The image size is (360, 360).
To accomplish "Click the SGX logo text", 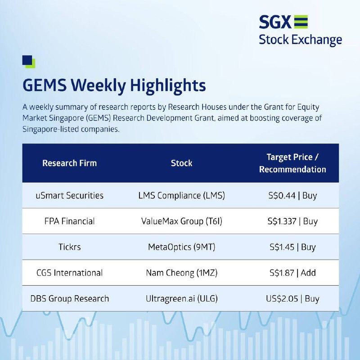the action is [x=275, y=22].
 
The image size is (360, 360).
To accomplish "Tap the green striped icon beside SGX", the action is [x=301, y=22].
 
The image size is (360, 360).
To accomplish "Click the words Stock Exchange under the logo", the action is [x=300, y=40].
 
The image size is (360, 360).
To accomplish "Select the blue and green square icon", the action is [x=29, y=62].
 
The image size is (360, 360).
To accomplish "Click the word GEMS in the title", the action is [x=45, y=85].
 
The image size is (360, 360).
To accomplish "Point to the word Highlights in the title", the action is [x=168, y=86].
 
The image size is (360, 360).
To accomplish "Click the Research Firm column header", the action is [x=70, y=163].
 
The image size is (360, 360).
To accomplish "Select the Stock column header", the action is [x=181, y=163].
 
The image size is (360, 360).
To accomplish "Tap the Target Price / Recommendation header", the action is [x=292, y=163].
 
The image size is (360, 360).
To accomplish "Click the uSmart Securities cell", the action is [x=70, y=196].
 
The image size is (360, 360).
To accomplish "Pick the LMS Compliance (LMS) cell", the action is [x=181, y=196].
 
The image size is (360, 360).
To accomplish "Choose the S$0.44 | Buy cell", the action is [x=292, y=196].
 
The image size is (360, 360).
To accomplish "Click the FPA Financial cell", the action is [x=70, y=221].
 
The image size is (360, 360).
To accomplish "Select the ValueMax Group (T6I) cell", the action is [x=181, y=221].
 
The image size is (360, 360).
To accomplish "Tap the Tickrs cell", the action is [x=70, y=247].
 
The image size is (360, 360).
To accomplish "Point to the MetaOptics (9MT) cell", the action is [x=181, y=247].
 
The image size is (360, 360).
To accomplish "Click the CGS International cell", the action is [x=70, y=273].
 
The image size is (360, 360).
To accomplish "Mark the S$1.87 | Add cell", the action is [x=292, y=273].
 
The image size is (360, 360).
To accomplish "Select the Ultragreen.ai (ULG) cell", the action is [x=181, y=299].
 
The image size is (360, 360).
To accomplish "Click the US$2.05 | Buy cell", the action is [x=292, y=299].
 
